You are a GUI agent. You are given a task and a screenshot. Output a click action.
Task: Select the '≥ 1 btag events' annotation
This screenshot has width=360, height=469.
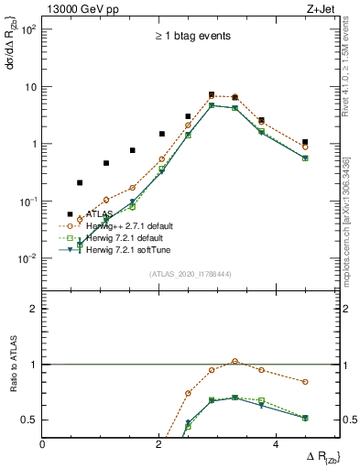(191, 37)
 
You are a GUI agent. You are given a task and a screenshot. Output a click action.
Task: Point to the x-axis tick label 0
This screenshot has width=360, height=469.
(43, 443)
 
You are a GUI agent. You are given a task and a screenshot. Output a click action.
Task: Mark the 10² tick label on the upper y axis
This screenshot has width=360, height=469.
(27, 29)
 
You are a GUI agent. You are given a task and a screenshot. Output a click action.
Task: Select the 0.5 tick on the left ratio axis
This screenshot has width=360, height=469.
(28, 420)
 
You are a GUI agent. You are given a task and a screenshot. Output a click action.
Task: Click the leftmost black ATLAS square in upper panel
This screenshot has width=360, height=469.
(70, 214)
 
